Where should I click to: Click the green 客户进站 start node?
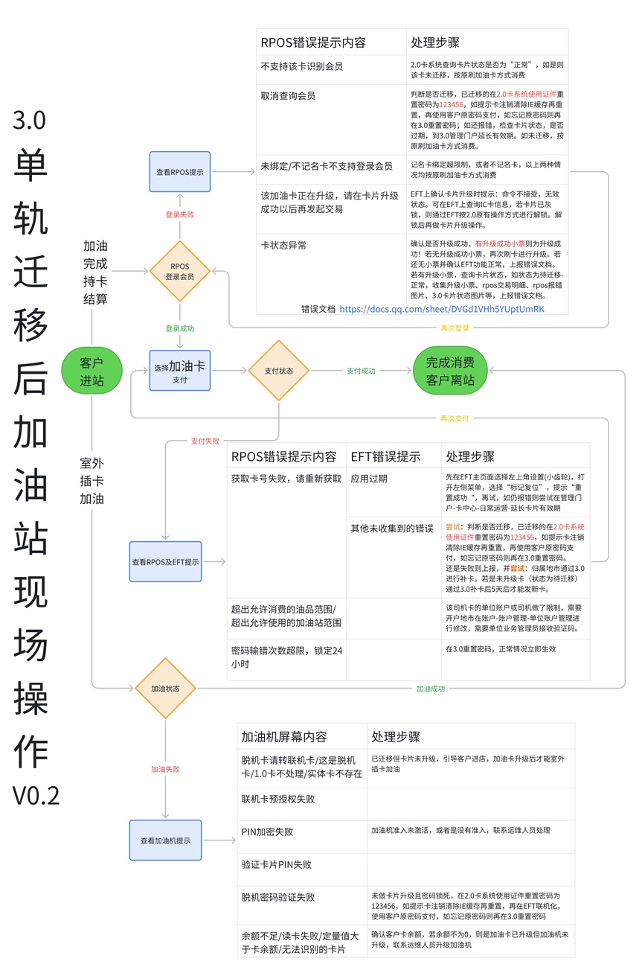[92, 371]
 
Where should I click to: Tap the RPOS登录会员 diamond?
[180, 271]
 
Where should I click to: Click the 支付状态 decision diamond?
[278, 371]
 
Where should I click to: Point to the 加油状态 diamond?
[165, 689]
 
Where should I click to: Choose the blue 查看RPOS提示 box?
[180, 172]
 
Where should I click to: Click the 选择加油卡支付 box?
[180, 371]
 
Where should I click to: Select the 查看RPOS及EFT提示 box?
[165, 561]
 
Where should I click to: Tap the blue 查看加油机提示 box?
[165, 840]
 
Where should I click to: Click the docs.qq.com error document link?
[441, 308]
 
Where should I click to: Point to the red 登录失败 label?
[180, 214]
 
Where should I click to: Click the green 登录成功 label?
[180, 328]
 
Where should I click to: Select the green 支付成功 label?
[361, 371]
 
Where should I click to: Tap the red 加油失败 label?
[165, 769]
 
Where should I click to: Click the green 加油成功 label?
[430, 689]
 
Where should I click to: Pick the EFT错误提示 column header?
[385, 456]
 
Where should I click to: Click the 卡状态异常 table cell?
[283, 245]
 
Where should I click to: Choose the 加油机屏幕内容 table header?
[283, 737]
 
